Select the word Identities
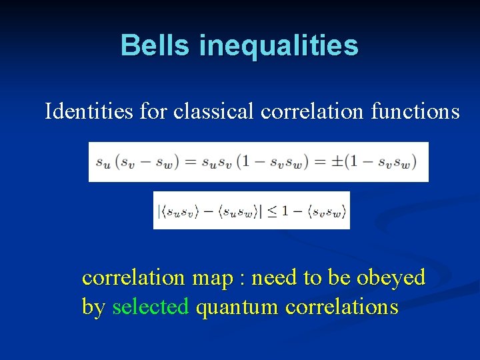(89, 111)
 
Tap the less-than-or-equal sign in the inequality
(273, 211)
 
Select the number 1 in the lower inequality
(285, 211)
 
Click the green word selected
(151, 307)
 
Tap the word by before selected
(93, 308)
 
